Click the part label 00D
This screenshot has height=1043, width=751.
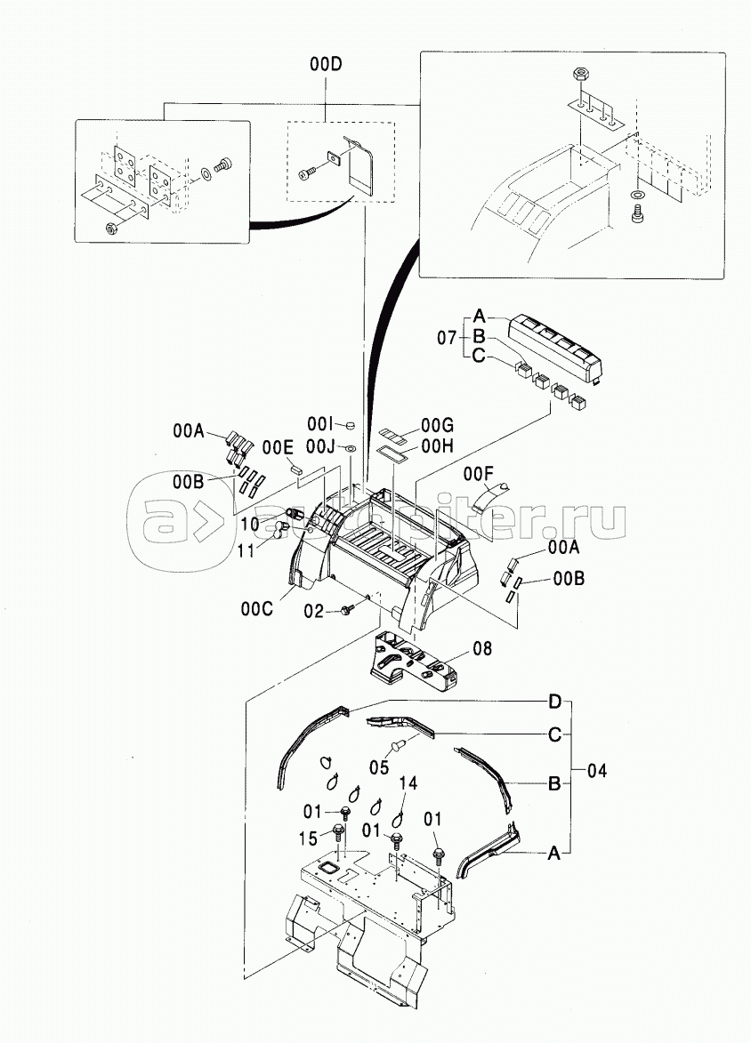click(326, 64)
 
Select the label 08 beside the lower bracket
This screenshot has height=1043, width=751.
click(481, 648)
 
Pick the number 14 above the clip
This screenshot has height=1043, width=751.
click(408, 783)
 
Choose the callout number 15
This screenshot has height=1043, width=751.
click(308, 837)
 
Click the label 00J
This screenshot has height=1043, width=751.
click(321, 445)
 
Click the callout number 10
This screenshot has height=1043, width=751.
click(249, 525)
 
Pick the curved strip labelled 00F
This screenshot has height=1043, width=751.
click(487, 494)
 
